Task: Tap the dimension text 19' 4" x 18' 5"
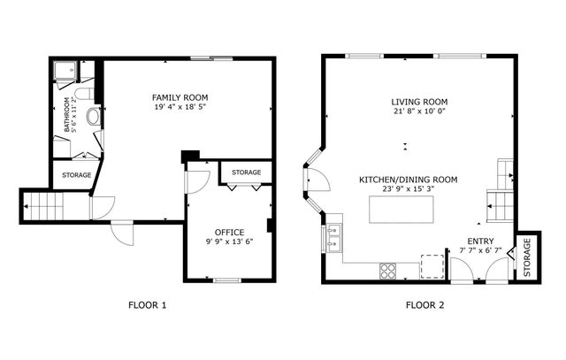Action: coord(178,107)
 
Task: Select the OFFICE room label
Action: coord(229,232)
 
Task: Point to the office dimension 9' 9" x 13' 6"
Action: coord(229,241)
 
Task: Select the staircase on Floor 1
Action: coord(45,208)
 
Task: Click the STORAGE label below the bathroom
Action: coord(76,176)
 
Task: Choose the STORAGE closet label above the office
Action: coord(246,172)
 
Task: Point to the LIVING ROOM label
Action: coord(420,101)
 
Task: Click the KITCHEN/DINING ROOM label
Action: coord(408,180)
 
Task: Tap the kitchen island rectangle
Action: coord(402,211)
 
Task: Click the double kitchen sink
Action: coord(334,237)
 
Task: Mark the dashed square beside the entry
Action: coord(431,266)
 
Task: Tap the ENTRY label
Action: coord(480,241)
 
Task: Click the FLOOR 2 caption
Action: coord(424,306)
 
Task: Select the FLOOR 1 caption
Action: coord(148,306)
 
